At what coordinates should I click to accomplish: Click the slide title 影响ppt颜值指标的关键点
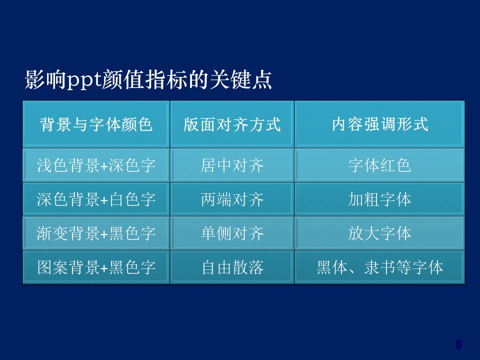(148, 80)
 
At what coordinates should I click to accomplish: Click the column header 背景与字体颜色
(96, 124)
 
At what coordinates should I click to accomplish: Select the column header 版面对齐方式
(232, 124)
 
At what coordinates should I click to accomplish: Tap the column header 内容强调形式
(380, 124)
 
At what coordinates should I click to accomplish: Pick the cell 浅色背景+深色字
(96, 165)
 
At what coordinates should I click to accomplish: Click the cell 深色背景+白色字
(96, 199)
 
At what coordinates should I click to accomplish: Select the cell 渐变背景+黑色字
(96, 233)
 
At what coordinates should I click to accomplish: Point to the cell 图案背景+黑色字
(96, 267)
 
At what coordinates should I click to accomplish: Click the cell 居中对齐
(232, 165)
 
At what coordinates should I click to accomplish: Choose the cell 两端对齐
(232, 199)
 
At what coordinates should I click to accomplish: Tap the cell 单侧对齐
(232, 233)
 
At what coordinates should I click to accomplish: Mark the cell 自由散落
(232, 267)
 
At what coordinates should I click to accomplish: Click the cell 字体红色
(380, 165)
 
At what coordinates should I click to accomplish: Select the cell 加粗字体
(380, 199)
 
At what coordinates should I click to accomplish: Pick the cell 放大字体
(380, 233)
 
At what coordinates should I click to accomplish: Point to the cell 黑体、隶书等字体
(380, 267)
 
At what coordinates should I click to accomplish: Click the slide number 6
(458, 344)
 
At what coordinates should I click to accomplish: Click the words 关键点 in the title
(241, 80)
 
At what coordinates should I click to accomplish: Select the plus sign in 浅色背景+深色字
(104, 166)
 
